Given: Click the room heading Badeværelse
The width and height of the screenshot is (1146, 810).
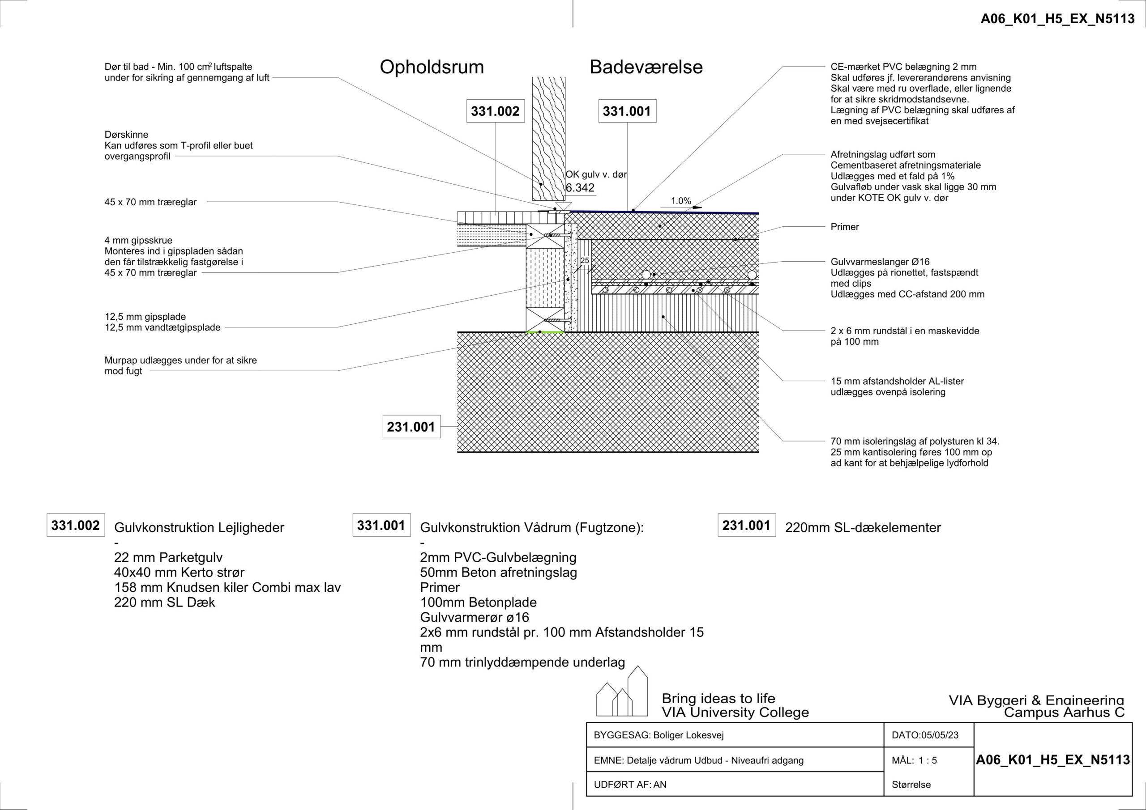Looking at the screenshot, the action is tap(646, 67).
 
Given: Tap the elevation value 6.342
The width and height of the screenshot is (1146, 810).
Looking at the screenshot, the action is tap(580, 188).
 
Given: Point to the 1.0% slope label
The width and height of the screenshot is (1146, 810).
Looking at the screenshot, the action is tap(681, 201).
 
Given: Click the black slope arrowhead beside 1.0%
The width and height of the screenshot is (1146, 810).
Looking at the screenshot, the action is tap(697, 208).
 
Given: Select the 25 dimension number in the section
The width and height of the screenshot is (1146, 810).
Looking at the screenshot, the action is tap(585, 260).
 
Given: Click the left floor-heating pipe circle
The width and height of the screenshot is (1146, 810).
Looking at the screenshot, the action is tap(646, 275).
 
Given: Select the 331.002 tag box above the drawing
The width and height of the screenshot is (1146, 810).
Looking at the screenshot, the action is tap(495, 111).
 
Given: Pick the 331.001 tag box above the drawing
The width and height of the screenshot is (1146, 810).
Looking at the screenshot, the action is tap(627, 111).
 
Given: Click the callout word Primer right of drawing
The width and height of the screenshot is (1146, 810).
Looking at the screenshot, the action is tap(845, 227).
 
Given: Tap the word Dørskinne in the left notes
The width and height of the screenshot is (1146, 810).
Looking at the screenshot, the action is tap(126, 135).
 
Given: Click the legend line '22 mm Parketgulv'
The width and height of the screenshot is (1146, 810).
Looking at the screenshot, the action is tap(168, 558).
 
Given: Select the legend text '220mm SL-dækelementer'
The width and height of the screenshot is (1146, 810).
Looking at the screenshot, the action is tap(863, 528).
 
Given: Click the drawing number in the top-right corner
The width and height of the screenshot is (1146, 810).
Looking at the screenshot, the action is tap(1058, 19).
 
